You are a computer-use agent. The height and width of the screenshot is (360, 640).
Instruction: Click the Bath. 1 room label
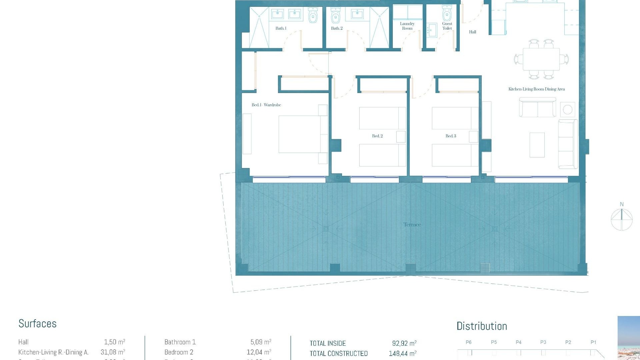click(281, 28)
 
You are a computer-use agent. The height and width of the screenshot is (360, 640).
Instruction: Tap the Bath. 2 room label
click(337, 28)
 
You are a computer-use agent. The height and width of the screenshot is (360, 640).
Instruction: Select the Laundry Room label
click(407, 26)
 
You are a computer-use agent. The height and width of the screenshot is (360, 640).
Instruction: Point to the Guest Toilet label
click(447, 26)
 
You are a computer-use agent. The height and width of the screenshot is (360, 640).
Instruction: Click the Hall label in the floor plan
click(472, 32)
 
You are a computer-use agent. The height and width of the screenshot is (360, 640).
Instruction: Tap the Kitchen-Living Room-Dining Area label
click(536, 89)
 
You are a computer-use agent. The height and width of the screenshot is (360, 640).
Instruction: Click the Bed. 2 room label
click(377, 136)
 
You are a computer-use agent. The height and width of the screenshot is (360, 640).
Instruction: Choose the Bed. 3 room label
click(451, 136)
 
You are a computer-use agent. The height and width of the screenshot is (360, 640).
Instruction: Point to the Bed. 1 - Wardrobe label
click(266, 105)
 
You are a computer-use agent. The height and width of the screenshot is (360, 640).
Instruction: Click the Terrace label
click(412, 225)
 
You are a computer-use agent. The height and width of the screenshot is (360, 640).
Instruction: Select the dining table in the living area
click(541, 59)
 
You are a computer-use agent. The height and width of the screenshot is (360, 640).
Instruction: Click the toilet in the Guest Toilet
click(447, 14)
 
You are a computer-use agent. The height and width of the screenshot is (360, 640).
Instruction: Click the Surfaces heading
click(37, 324)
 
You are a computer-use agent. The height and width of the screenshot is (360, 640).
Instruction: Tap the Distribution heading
click(482, 326)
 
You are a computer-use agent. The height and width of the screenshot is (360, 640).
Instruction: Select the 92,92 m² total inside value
click(404, 343)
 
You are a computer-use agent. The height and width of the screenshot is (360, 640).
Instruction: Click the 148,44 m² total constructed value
click(402, 353)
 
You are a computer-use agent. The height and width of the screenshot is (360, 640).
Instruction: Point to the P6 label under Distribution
click(468, 342)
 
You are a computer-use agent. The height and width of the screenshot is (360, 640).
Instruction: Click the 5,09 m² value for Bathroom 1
click(261, 342)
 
